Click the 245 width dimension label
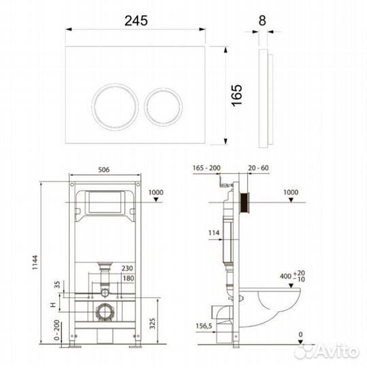[x=136, y=20]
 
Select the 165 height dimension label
[x=237, y=95]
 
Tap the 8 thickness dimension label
[x=262, y=20]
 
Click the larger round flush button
[x=115, y=107]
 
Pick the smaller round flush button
[x=163, y=107]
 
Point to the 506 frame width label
[x=103, y=170]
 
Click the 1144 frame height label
[x=35, y=262]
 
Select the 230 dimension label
[x=127, y=268]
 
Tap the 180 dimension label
[x=129, y=278]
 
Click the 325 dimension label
[x=153, y=324]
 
